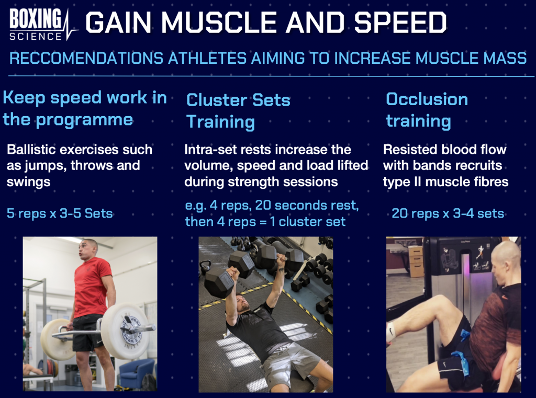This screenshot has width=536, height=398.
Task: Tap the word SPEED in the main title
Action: [x=400, y=22]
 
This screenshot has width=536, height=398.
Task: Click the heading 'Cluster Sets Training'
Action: [x=238, y=111]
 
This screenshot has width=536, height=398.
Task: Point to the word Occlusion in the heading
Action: [x=427, y=99]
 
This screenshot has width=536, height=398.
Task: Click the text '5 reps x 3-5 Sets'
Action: [x=60, y=213]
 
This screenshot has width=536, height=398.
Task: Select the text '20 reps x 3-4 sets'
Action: [x=448, y=213]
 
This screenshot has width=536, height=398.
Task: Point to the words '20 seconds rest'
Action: [x=307, y=205]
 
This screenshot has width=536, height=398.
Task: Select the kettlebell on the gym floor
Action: [x=205, y=267]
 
